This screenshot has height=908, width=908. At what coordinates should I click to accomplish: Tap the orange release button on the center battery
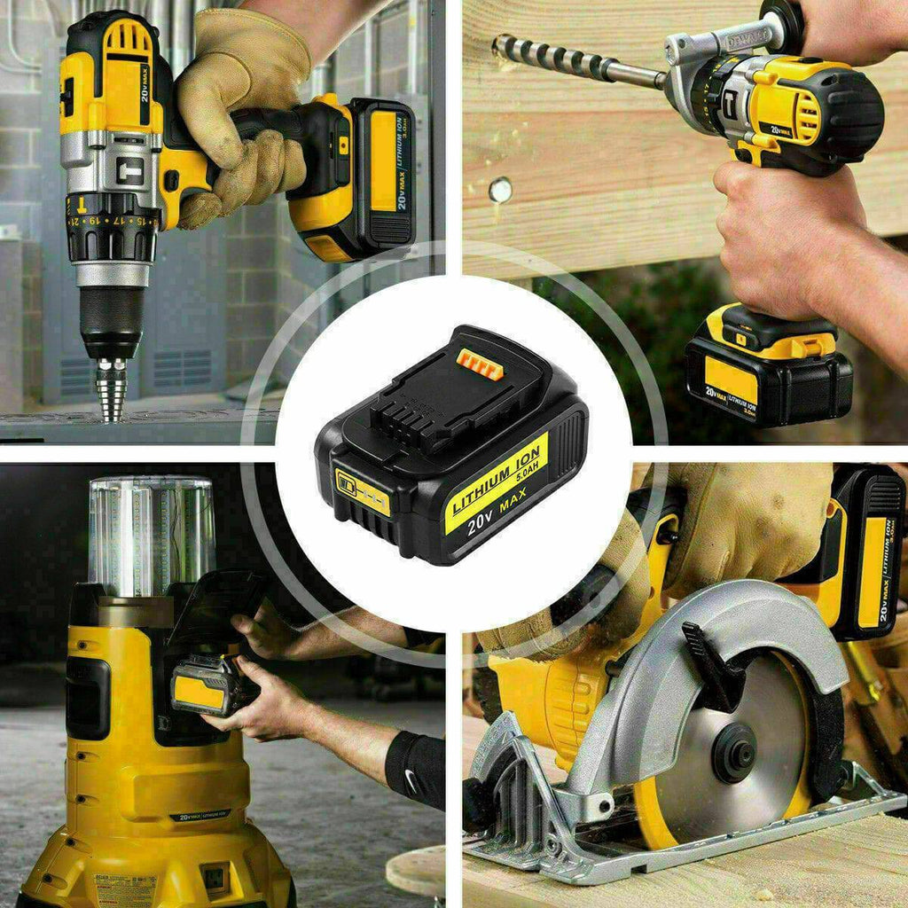tap(480, 364)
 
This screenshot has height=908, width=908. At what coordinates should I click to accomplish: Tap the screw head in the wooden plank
tap(500, 190)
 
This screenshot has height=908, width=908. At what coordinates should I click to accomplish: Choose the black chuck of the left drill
tap(111, 319)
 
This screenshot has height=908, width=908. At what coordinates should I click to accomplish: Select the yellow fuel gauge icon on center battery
tap(362, 493)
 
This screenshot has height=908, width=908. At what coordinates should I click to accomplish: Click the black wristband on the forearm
tap(416, 768)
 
